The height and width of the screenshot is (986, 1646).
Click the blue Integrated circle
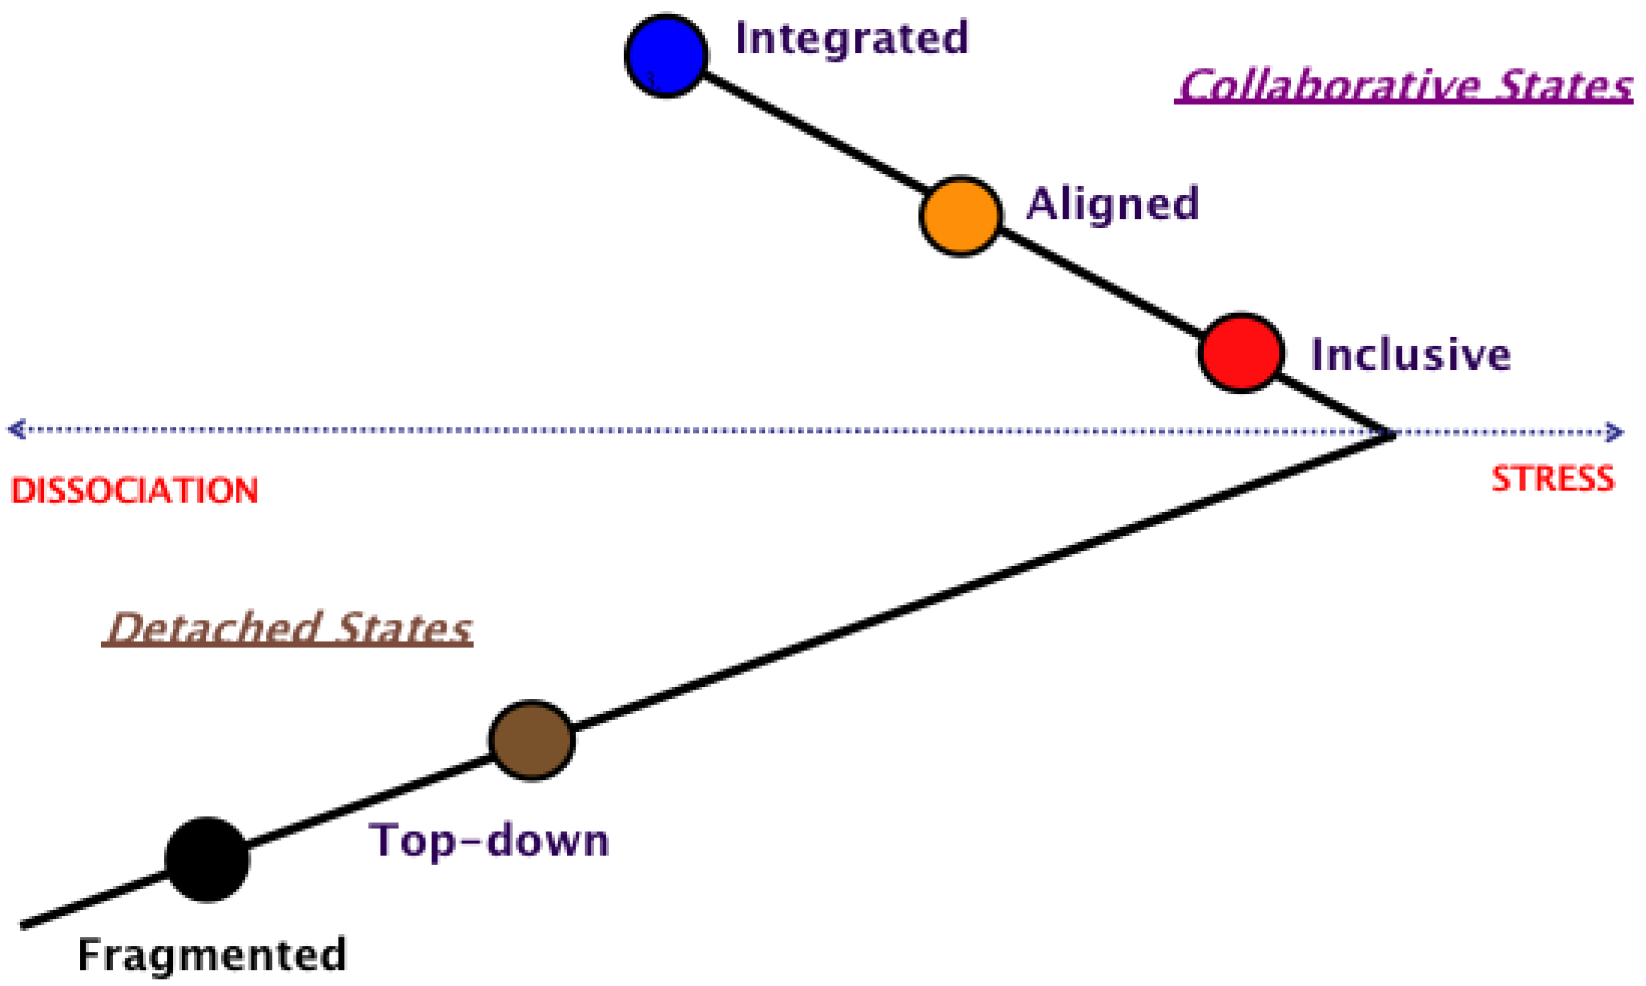[666, 56]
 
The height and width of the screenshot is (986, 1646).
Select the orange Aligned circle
[960, 216]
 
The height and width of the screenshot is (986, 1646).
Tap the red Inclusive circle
[1241, 353]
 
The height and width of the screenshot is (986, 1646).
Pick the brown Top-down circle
[531, 740]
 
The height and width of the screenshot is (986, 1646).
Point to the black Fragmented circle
[207, 860]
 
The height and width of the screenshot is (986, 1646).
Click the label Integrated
[852, 39]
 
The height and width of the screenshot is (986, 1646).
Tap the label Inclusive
[1410, 354]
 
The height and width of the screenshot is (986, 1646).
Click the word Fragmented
[212, 955]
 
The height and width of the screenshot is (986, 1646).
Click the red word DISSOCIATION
[135, 491]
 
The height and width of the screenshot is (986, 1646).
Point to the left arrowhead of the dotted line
[17, 429]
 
